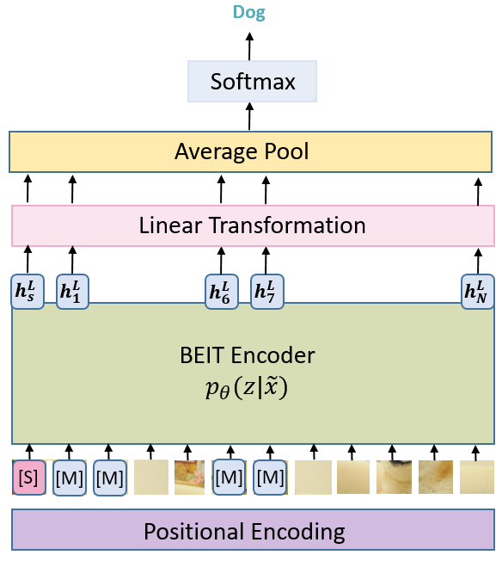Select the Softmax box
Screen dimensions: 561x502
(x=253, y=83)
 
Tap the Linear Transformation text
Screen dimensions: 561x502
(x=252, y=225)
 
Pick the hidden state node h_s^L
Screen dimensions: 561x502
(x=28, y=291)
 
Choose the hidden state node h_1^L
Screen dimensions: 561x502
(x=72, y=291)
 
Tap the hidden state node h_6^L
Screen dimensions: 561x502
(x=221, y=291)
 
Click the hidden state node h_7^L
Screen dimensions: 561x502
(x=266, y=291)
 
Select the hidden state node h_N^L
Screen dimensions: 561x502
(x=478, y=291)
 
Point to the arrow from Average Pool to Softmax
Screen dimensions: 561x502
(x=250, y=117)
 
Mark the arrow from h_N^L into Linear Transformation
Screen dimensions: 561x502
(x=478, y=260)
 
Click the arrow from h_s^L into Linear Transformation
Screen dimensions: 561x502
(x=28, y=260)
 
